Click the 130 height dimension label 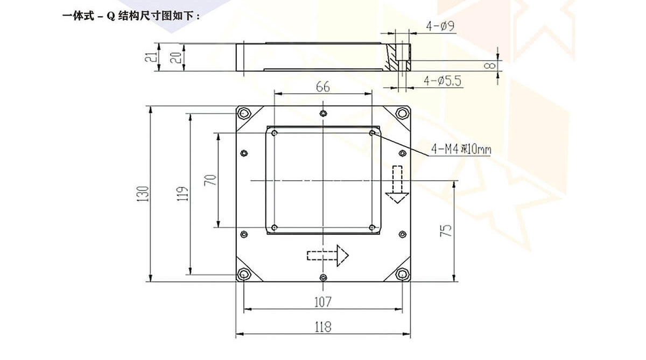click(143, 194)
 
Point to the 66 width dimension click(322, 87)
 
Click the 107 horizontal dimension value click(322, 302)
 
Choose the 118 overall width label click(322, 326)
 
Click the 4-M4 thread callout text click(460, 149)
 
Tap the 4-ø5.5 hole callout click(443, 81)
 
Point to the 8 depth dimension click(489, 66)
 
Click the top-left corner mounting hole click(244, 114)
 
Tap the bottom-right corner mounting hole click(402, 274)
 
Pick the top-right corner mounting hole click(402, 113)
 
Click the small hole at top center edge click(322, 113)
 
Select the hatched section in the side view click(396, 58)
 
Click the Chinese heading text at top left click(132, 16)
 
